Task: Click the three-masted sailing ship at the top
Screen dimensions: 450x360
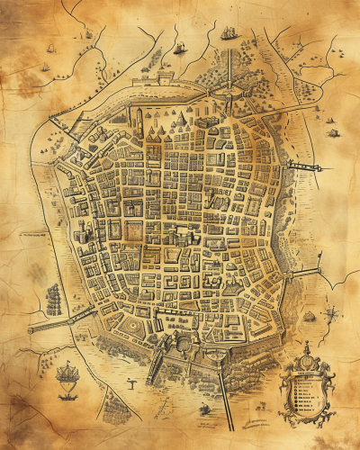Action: tap(229, 34)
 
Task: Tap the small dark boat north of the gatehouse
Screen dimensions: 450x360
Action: tap(179, 47)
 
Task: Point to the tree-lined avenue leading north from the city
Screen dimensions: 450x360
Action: tap(230, 72)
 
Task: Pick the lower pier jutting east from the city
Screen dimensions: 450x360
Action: tap(306, 270)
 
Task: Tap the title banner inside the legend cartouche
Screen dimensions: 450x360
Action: tap(304, 369)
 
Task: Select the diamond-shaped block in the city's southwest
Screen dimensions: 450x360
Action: tap(132, 321)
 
